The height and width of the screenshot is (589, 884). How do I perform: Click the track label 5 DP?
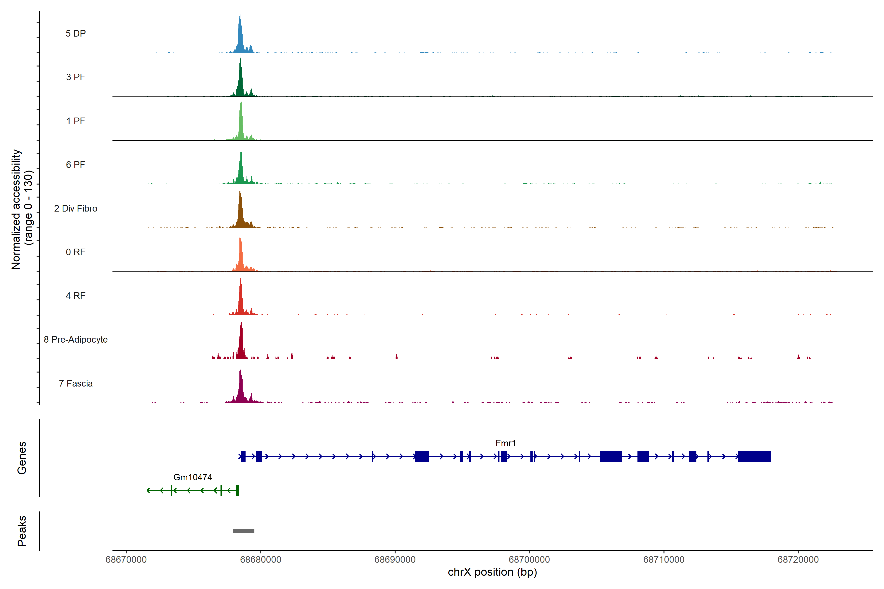click(x=76, y=33)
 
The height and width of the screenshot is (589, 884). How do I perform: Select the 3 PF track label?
click(x=76, y=77)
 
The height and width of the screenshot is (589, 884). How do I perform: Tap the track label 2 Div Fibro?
click(x=76, y=208)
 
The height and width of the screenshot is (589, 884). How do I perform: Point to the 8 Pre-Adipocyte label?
click(x=76, y=340)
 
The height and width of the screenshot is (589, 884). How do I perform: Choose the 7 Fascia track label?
click(x=76, y=384)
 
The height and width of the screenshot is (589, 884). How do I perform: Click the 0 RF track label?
click(x=76, y=252)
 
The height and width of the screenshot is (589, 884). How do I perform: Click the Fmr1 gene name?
click(x=506, y=443)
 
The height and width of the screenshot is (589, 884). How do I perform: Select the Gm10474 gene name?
click(x=193, y=477)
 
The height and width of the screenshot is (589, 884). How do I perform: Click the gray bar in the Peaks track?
click(x=244, y=531)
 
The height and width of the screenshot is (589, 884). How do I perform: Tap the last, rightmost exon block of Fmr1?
click(x=754, y=456)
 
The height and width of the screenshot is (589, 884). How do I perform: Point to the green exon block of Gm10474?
click(x=237, y=490)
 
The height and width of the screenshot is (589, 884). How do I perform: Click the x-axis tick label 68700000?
click(x=529, y=560)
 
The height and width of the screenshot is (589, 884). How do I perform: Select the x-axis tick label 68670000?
click(x=126, y=560)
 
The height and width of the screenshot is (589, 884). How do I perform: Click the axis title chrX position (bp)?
click(x=492, y=572)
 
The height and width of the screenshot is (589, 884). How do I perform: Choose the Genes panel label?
click(x=22, y=458)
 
